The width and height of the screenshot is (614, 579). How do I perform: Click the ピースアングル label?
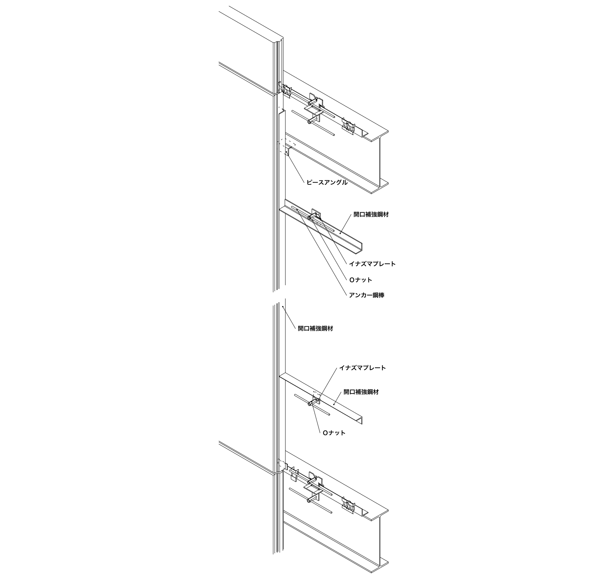(x=327, y=183)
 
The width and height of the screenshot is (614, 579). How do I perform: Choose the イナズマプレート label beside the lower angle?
(x=362, y=368)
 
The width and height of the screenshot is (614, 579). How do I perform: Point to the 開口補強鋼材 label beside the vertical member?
(x=315, y=329)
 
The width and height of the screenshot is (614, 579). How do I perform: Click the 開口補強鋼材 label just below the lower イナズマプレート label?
(x=361, y=392)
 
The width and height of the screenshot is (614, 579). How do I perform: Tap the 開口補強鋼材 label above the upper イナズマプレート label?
(x=371, y=214)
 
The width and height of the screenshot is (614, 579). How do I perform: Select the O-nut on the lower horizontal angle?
(x=311, y=403)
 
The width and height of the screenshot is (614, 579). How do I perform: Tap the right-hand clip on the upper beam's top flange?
(x=349, y=126)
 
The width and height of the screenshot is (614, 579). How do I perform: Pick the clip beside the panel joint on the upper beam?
(x=287, y=90)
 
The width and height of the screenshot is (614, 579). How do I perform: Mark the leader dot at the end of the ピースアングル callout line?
(x=286, y=152)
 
